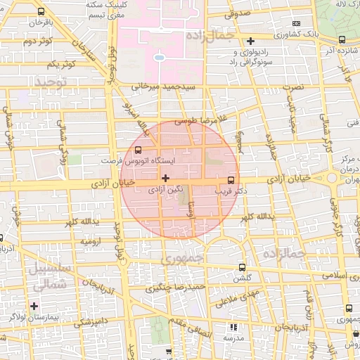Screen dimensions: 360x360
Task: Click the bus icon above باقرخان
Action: click(x=41, y=12)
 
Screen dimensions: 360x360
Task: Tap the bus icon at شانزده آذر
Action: click(x=342, y=40)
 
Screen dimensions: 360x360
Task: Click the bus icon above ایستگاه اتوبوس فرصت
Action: click(x=138, y=150)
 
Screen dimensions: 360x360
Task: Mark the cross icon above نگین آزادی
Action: click(x=166, y=178)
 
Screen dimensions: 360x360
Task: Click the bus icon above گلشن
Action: click(x=243, y=267)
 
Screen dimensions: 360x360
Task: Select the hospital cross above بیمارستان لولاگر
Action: click(x=34, y=305)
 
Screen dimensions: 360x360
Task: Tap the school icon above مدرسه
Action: click(x=233, y=327)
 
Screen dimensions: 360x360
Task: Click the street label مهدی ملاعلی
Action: click(x=232, y=300)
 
